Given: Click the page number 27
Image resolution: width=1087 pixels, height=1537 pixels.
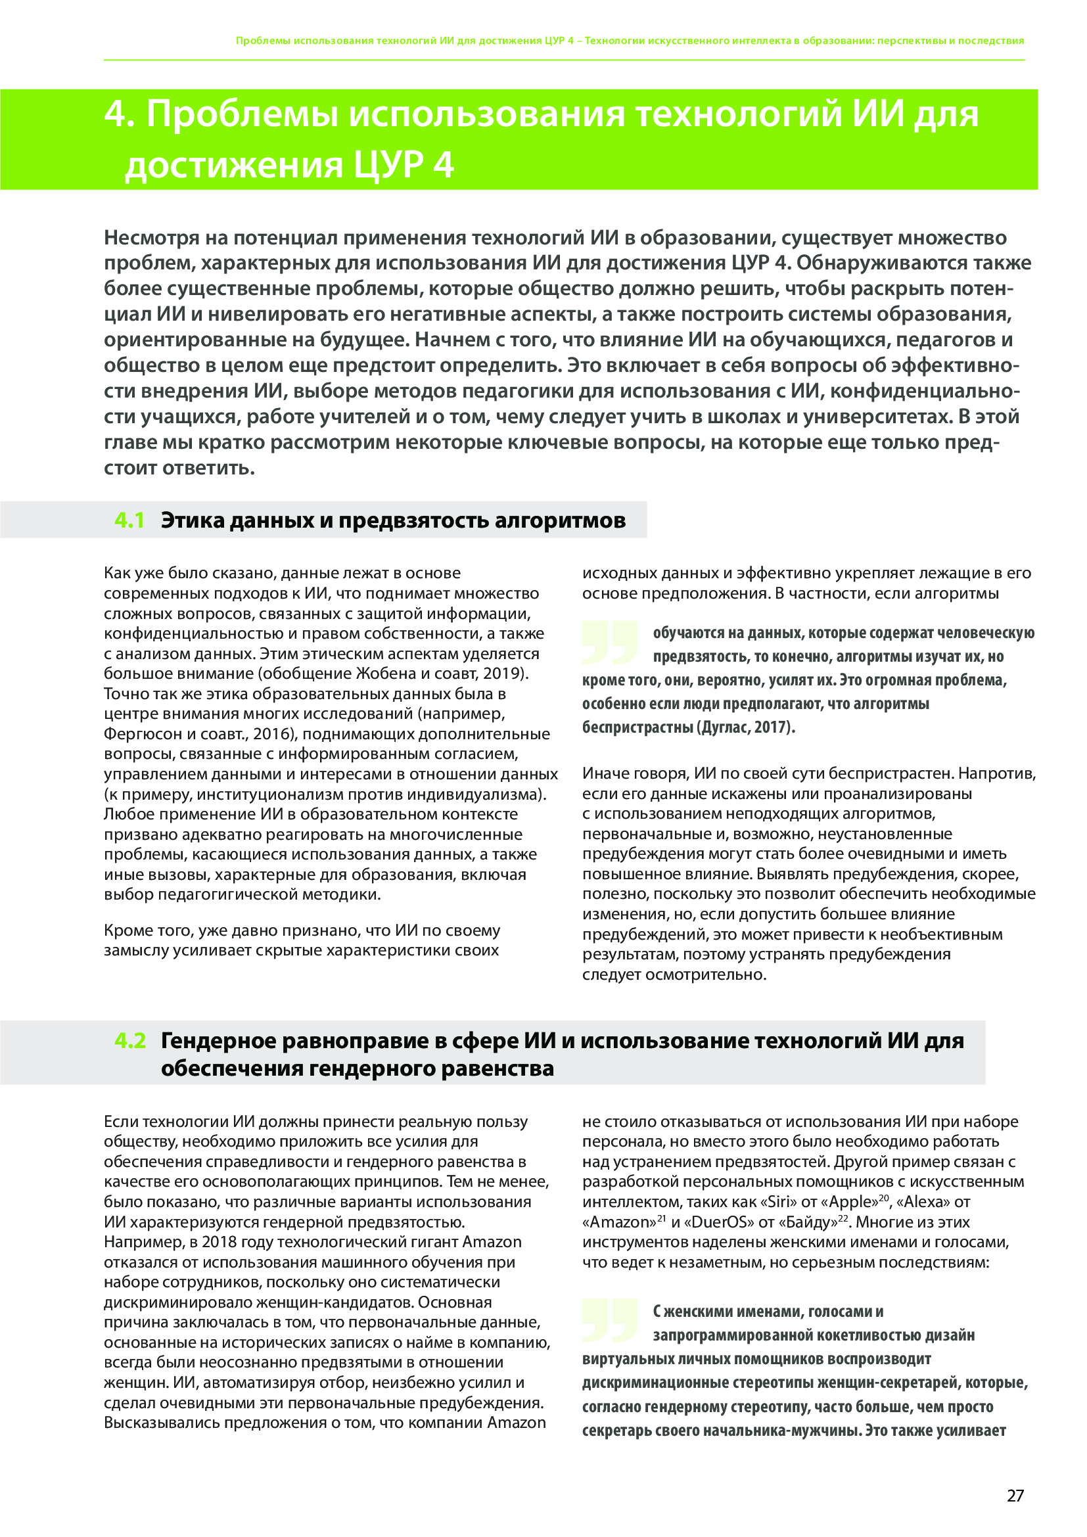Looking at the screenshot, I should (x=1015, y=1496).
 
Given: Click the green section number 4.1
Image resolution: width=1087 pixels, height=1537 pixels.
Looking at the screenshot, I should (x=129, y=520).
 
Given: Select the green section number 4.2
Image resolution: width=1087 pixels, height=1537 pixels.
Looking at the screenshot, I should (x=130, y=1040).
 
